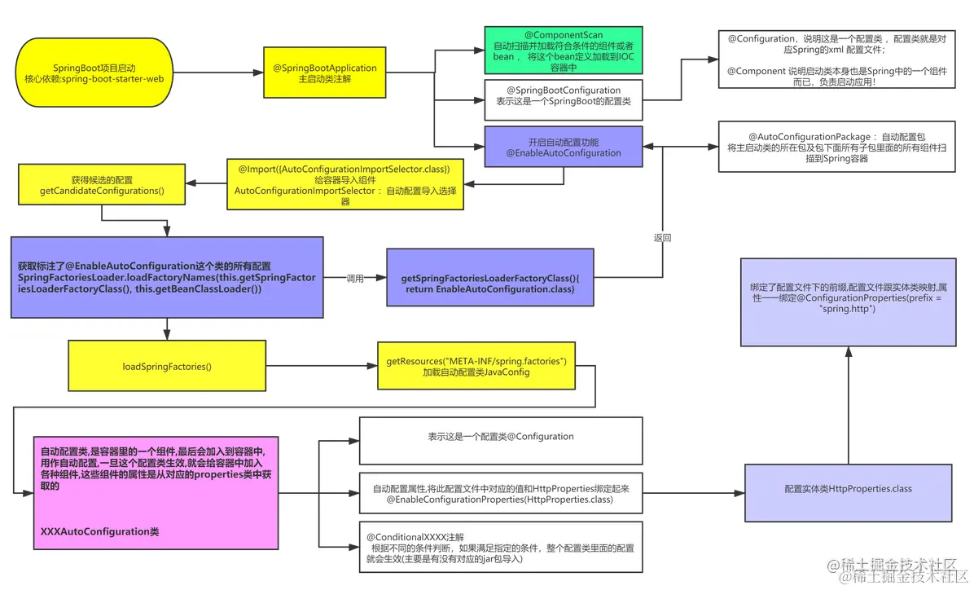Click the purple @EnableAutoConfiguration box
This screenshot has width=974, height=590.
[563, 147]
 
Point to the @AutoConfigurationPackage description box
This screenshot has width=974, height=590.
[836, 147]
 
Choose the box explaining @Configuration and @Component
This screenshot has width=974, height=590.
[836, 66]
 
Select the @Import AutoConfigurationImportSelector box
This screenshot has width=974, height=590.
[345, 184]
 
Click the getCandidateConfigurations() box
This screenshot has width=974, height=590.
[102, 185]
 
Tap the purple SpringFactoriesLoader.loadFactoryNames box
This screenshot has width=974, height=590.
[167, 278]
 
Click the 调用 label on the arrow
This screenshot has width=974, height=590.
[355, 278]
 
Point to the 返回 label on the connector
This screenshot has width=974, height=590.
[662, 238]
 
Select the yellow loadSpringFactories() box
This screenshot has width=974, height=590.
[167, 366]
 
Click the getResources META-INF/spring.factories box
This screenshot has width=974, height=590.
[476, 366]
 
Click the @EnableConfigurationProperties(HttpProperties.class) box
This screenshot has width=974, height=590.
[501, 494]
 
